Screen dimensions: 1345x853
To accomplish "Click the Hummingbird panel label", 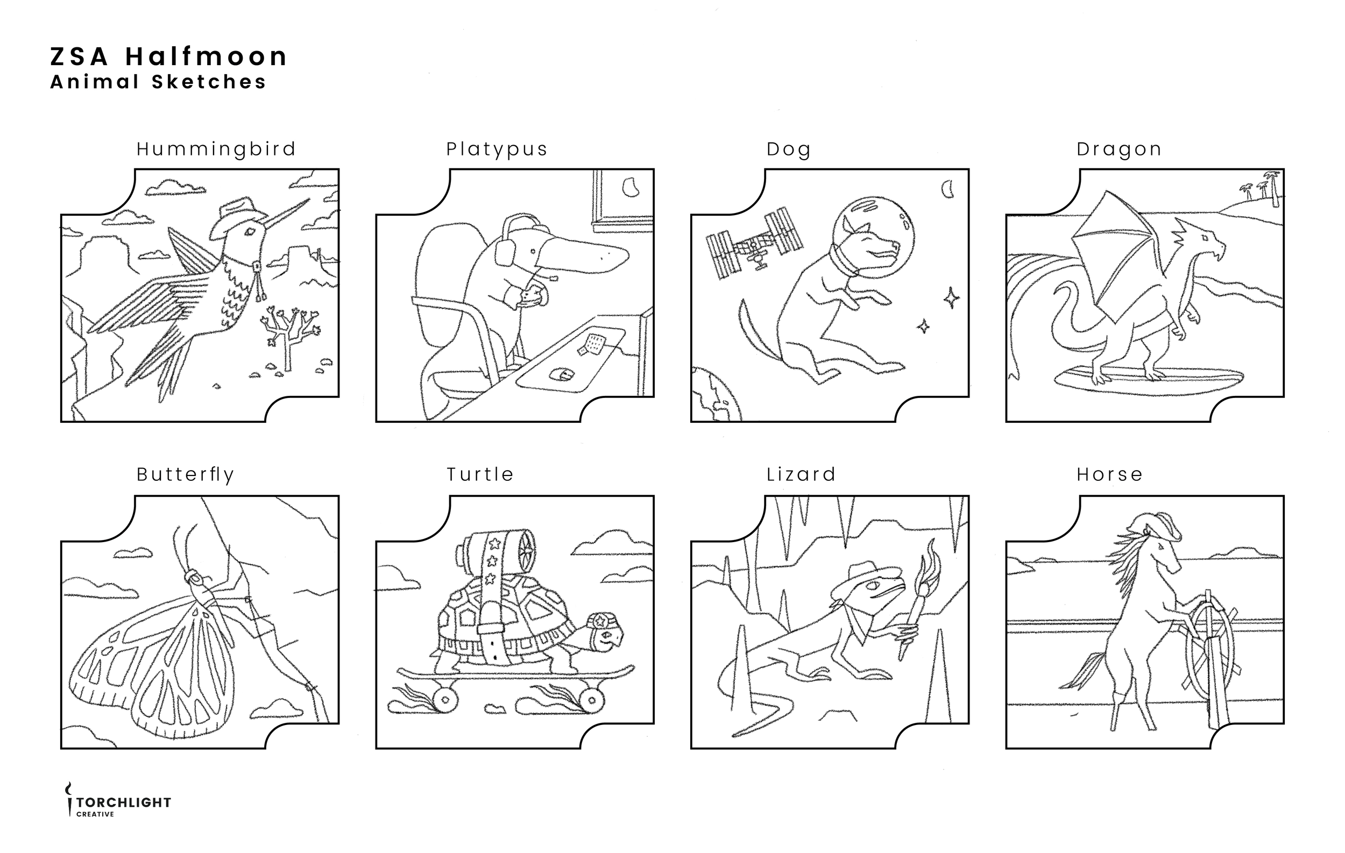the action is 216,150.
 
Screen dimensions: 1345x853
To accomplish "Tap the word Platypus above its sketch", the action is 497,150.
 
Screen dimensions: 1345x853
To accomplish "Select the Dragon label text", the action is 1120,150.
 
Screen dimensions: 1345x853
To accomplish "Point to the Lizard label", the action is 801,474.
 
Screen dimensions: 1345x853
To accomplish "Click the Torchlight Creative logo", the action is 118,800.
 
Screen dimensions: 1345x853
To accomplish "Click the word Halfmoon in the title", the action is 206,56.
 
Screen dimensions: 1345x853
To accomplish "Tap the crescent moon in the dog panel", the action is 948,189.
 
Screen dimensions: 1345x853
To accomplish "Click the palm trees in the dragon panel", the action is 1261,186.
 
